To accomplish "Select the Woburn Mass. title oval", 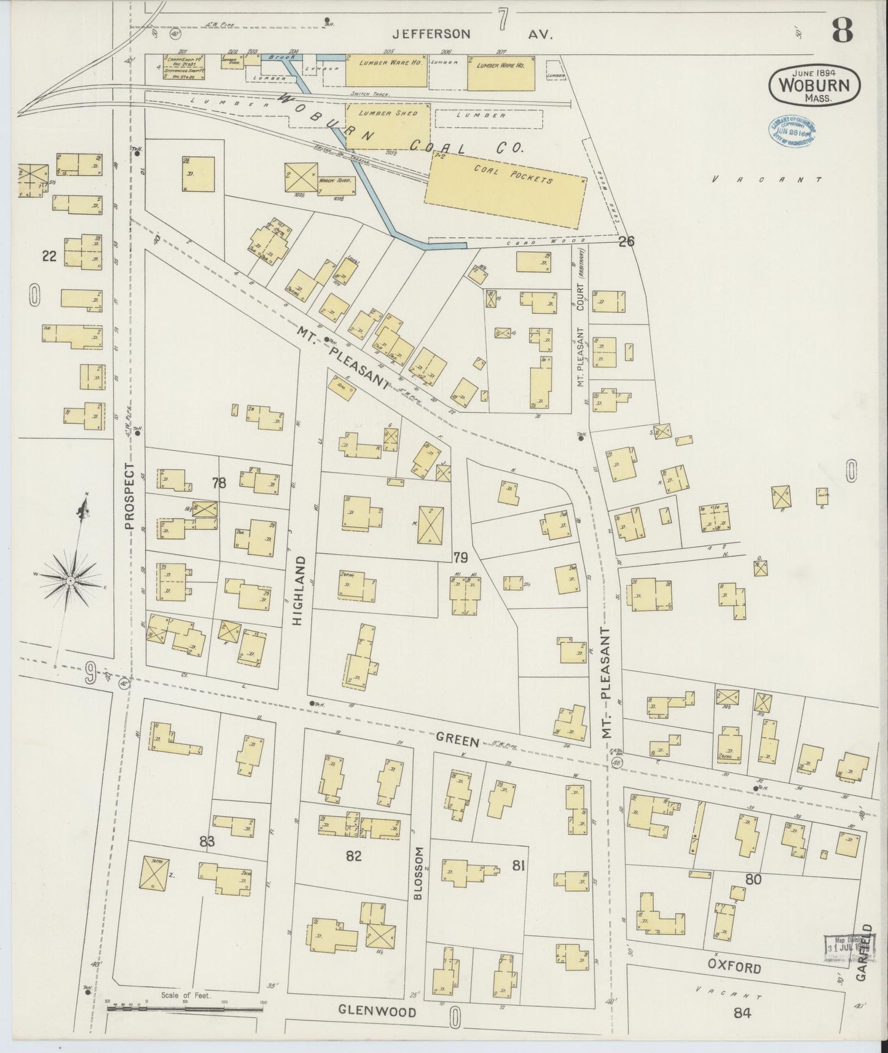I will (x=814, y=87).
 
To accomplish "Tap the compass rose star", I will (x=72, y=579).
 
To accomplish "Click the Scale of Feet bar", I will (x=184, y=1008).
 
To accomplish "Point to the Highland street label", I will (x=299, y=590).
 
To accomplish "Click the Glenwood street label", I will (x=377, y=1012).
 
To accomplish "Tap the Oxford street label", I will (x=734, y=968).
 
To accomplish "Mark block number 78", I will (x=219, y=483).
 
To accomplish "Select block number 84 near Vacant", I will (x=742, y=1013).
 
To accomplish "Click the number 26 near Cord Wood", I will (x=626, y=242).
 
